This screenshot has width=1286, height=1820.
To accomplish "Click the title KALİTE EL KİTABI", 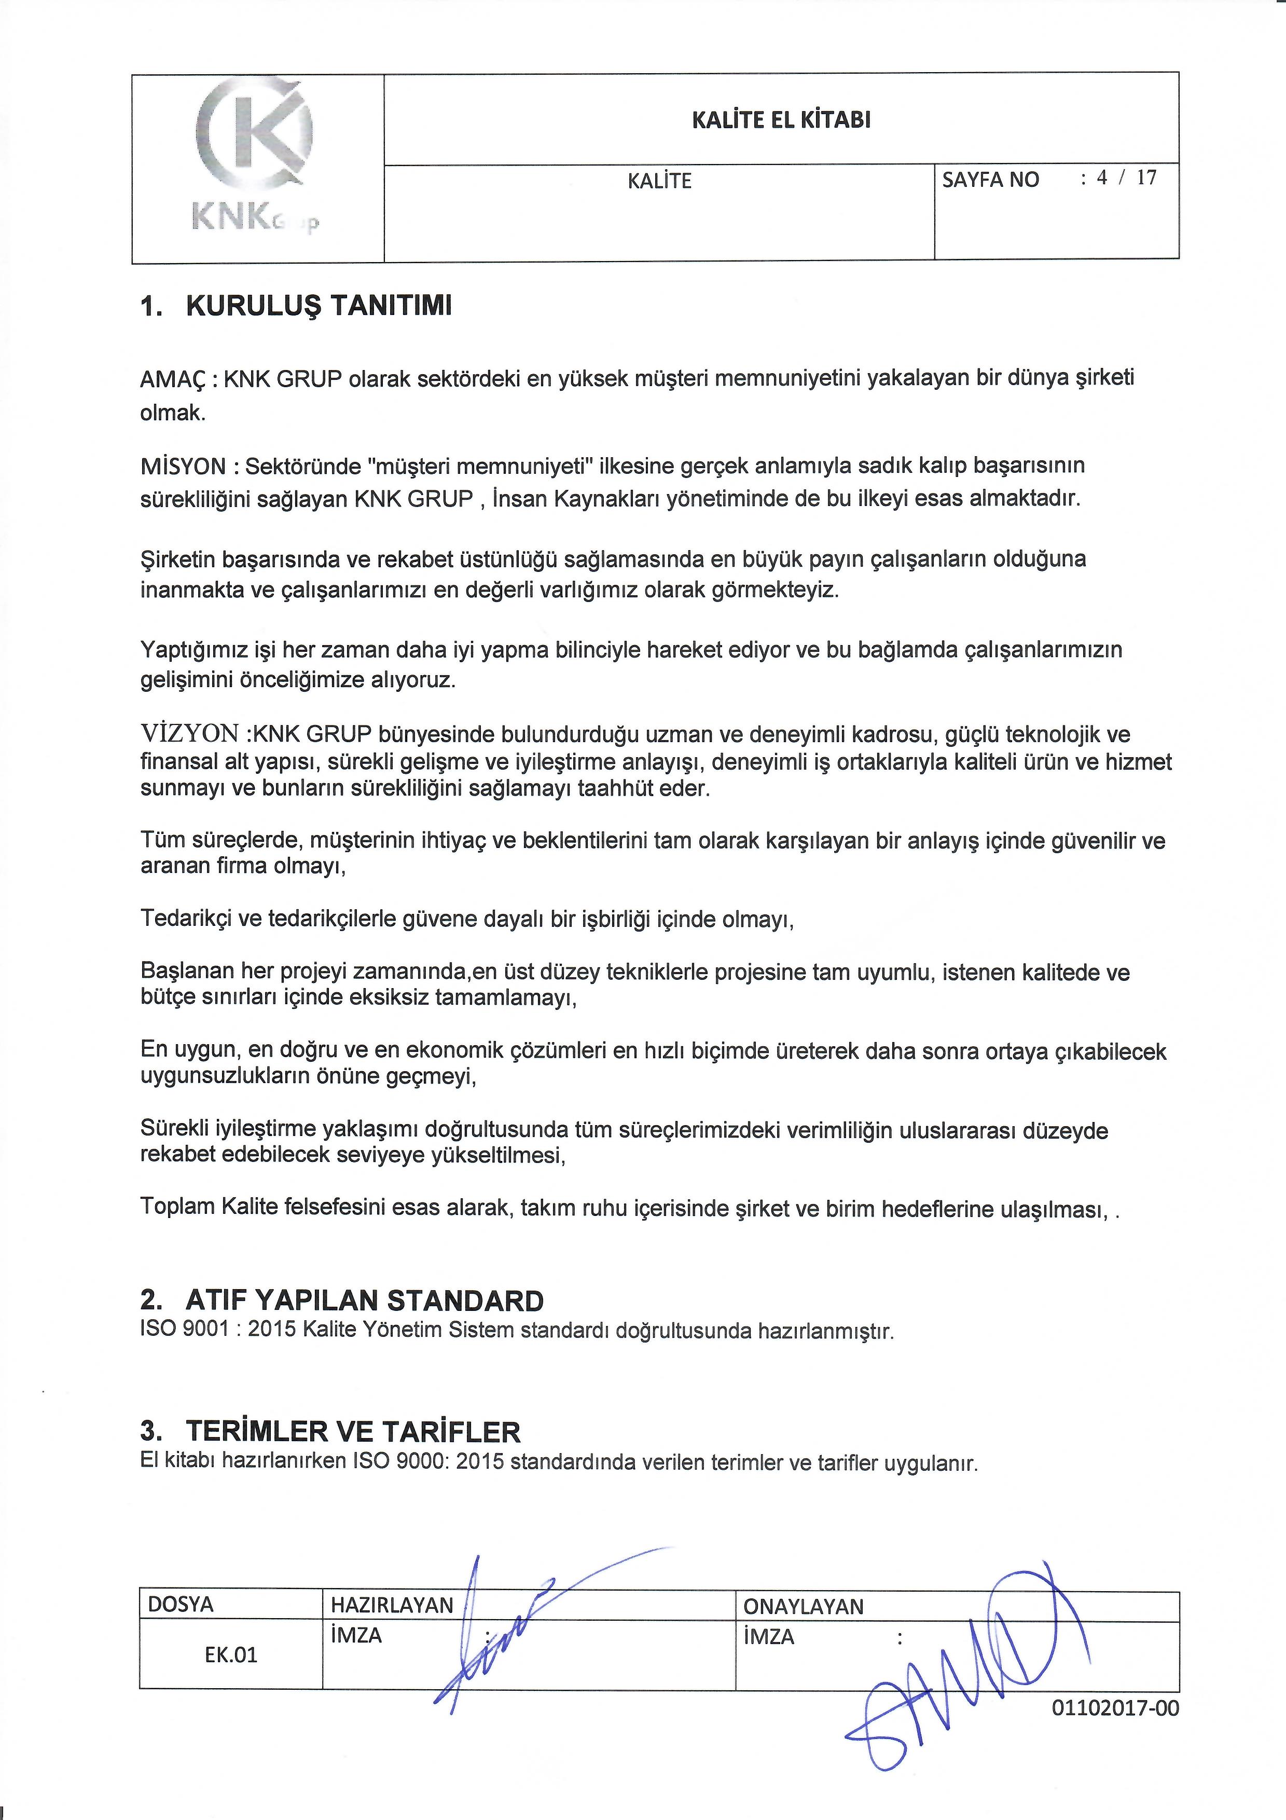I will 781,120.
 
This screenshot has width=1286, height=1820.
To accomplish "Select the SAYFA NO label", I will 990,180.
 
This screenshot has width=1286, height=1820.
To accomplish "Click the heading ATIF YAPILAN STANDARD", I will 365,1301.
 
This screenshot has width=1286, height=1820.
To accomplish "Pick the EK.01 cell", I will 230,1655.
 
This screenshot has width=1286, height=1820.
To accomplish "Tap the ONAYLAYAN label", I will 803,1607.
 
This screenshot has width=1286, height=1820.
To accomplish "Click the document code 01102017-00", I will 1115,1707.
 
